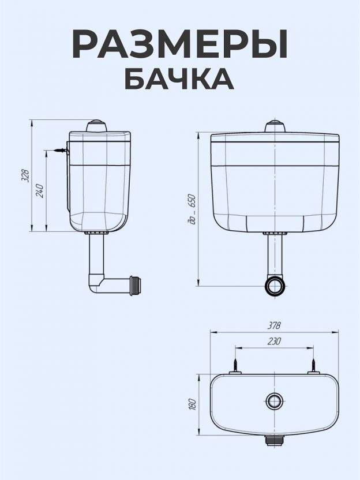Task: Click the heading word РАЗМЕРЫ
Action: click(x=180, y=44)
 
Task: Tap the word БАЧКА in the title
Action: click(x=179, y=79)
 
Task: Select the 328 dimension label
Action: click(x=26, y=175)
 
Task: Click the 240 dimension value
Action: click(x=40, y=191)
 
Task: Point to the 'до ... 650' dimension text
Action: click(x=192, y=209)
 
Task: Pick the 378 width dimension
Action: click(x=274, y=325)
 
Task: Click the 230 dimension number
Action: click(x=274, y=341)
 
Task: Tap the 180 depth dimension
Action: click(x=192, y=404)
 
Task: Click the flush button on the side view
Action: click(x=96, y=126)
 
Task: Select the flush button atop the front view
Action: click(x=275, y=126)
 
